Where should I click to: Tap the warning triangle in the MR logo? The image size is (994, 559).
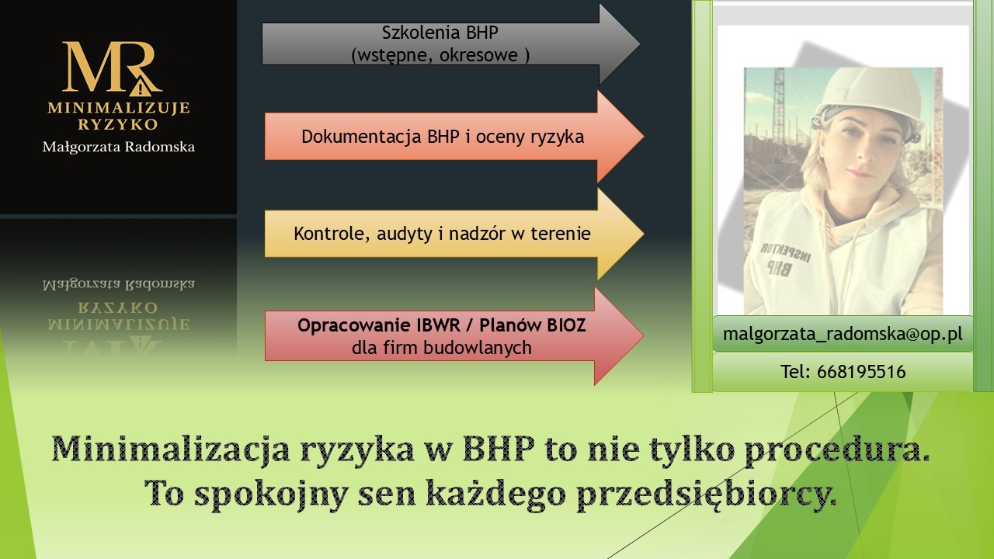(141, 85)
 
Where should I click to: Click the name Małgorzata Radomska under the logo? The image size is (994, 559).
(118, 147)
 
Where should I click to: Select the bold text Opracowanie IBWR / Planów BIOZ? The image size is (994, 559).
(441, 325)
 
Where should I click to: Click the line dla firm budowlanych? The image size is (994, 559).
(441, 348)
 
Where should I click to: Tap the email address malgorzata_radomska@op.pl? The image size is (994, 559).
(843, 334)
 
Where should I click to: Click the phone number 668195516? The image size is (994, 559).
(861, 372)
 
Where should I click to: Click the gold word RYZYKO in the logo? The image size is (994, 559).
(118, 124)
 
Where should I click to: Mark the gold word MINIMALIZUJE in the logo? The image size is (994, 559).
(118, 108)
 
